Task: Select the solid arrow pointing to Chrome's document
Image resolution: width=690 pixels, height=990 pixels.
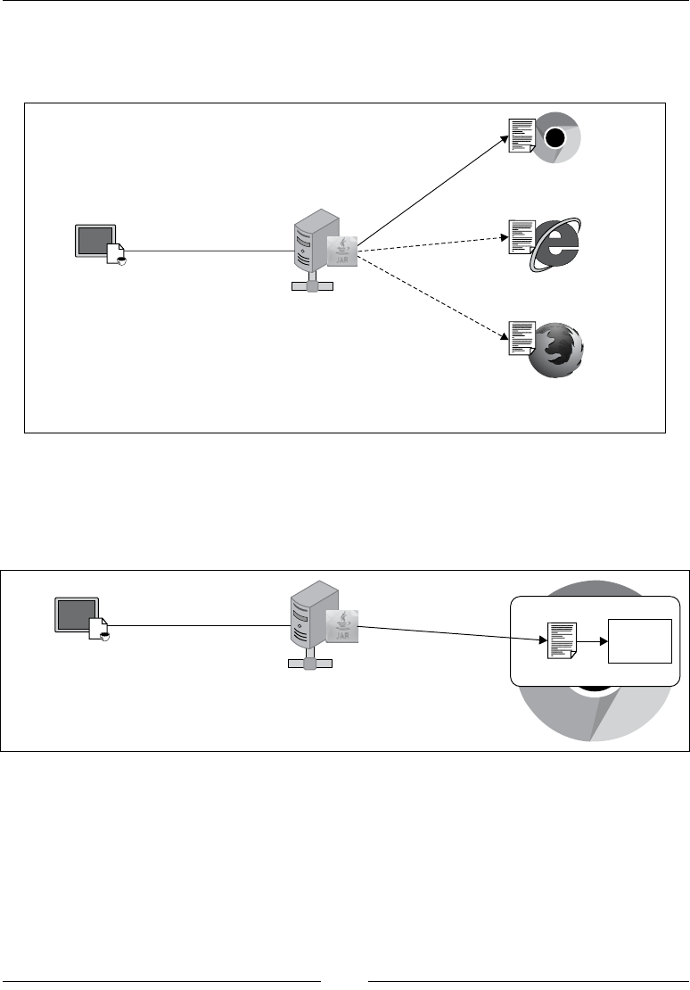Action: click(432, 188)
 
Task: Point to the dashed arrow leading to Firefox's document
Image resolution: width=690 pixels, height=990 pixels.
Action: click(432, 298)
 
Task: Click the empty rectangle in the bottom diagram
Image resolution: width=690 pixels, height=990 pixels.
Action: click(638, 640)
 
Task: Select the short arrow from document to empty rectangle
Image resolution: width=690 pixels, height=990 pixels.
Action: click(591, 640)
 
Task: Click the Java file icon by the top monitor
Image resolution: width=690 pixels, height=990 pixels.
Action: click(119, 254)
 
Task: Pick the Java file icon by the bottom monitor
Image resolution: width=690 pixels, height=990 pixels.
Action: click(100, 630)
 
